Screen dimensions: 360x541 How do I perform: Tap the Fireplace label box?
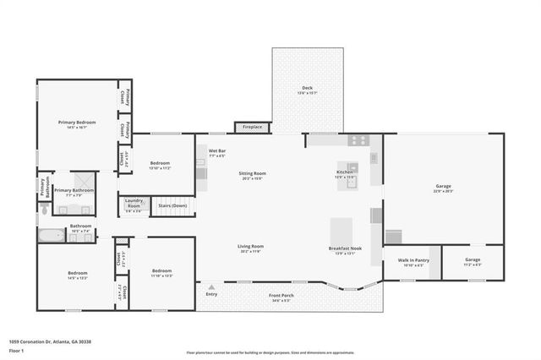253,127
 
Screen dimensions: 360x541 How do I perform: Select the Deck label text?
307,90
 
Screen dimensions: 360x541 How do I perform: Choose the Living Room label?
251,248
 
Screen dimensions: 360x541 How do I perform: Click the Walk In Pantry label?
413,262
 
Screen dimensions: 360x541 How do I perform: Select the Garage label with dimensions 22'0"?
444,188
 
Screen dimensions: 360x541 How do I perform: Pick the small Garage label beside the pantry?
473,262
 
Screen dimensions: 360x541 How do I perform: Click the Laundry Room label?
134,205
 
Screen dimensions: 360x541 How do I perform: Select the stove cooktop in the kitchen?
358,140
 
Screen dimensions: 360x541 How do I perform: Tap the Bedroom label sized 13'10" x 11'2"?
161,165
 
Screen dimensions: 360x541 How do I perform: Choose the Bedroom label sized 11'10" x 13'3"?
161,273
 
